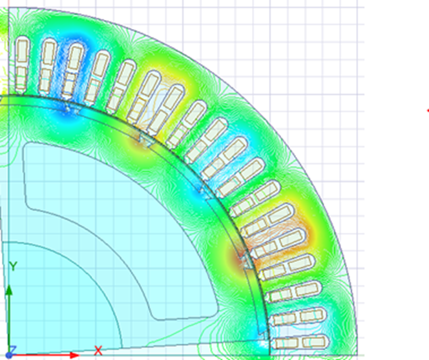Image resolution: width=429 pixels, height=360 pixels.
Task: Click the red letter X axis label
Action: point(98,350)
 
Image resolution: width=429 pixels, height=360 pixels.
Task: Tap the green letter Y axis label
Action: point(13,266)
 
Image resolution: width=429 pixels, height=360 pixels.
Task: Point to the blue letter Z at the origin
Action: point(14,349)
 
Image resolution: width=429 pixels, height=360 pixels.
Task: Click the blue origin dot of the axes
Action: point(9,355)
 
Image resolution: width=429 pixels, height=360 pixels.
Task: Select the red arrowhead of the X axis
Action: point(74,355)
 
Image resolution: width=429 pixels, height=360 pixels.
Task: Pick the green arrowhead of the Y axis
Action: point(9,290)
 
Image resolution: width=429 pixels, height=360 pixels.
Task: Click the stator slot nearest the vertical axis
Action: point(22,64)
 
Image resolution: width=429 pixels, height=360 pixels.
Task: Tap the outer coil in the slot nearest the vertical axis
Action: point(23,50)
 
